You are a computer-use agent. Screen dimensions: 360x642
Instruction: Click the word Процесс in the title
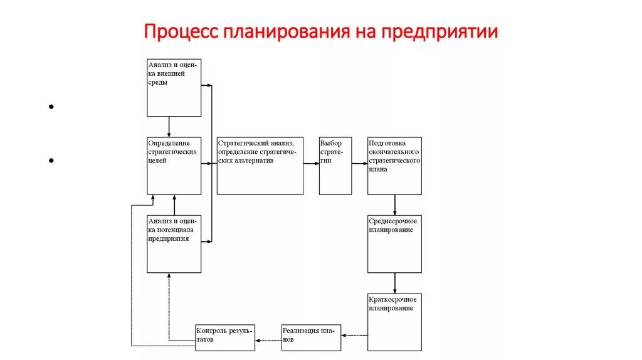(x=180, y=31)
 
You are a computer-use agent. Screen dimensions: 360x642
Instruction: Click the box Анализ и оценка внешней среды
(x=174, y=87)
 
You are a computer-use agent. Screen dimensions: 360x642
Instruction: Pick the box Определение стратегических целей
(x=174, y=166)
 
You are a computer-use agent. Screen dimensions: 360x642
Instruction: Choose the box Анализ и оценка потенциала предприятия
(x=174, y=244)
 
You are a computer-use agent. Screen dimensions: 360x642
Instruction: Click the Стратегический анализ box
(x=260, y=166)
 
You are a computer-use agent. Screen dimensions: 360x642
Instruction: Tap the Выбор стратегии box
(x=335, y=166)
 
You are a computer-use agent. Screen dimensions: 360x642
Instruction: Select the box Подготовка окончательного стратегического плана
(x=394, y=166)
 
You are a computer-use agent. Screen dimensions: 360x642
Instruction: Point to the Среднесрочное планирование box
(x=394, y=244)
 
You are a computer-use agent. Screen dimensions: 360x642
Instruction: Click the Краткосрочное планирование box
(x=394, y=322)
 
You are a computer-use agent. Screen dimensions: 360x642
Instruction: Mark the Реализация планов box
(x=311, y=338)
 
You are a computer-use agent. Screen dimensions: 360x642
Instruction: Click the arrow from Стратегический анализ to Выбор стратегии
(x=311, y=163)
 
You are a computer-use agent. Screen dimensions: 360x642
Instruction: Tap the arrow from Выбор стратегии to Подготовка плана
(x=359, y=163)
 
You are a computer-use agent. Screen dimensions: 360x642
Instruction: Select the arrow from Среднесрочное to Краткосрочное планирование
(x=394, y=283)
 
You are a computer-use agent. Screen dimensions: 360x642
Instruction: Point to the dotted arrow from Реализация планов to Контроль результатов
(x=268, y=341)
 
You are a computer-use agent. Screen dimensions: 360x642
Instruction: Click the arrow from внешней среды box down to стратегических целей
(x=169, y=127)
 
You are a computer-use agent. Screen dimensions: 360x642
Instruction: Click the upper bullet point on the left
(x=50, y=107)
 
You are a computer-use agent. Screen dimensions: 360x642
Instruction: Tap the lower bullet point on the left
(x=50, y=161)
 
